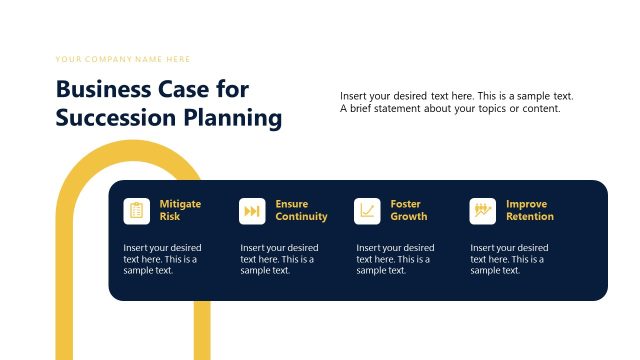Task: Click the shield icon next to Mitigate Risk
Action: pyautogui.click(x=137, y=211)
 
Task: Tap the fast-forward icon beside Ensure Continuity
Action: pyautogui.click(x=252, y=211)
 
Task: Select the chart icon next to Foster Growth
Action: pyautogui.click(x=367, y=211)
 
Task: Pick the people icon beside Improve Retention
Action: pyautogui.click(x=483, y=211)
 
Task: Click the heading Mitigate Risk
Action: pyautogui.click(x=180, y=210)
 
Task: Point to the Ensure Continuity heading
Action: pyautogui.click(x=301, y=210)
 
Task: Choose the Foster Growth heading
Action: pyautogui.click(x=408, y=210)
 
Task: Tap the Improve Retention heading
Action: pyautogui.click(x=529, y=210)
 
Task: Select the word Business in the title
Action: pyautogui.click(x=102, y=89)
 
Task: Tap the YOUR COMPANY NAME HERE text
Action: pyautogui.click(x=123, y=59)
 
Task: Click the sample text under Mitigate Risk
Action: pyautogui.click(x=162, y=258)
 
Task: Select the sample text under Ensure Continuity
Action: pyautogui.click(x=279, y=258)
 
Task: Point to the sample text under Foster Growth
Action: pyautogui.click(x=395, y=258)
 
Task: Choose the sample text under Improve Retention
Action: pyautogui.click(x=509, y=258)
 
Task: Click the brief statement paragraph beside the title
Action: pyautogui.click(x=457, y=102)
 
